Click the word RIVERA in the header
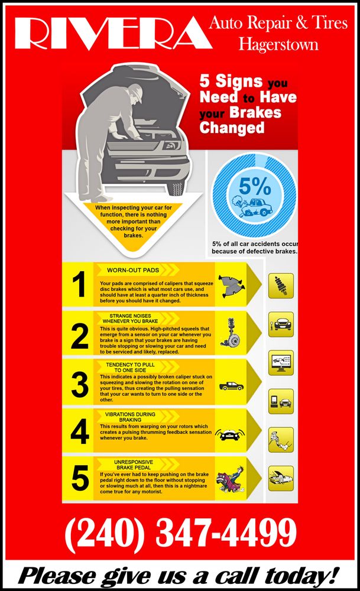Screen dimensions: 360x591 113,33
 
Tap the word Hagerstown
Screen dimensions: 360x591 278,44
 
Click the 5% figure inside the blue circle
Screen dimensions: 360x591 255,186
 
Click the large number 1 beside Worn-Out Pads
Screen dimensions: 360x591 79,285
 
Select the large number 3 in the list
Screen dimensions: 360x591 80,385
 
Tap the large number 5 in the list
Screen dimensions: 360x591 80,478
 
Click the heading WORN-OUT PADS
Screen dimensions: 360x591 133,270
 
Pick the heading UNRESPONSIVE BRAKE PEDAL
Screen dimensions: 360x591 134,465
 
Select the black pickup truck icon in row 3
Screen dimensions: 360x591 232,385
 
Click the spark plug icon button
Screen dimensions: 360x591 281,286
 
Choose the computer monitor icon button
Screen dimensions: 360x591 281,363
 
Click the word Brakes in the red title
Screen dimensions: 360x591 255,112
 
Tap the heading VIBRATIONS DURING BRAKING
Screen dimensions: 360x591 130,417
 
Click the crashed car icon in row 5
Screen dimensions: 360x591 231,479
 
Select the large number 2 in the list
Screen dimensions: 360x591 80,337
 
